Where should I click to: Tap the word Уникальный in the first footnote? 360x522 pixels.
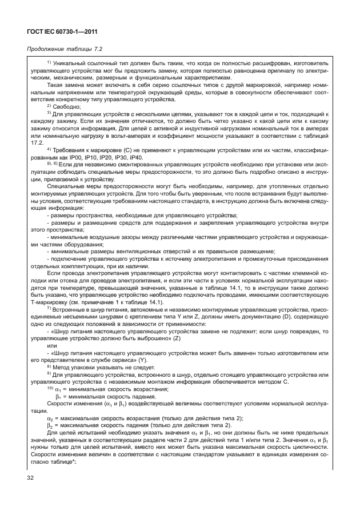[71, 63]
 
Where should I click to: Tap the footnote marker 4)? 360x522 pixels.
[49, 149]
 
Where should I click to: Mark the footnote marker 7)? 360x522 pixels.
[49, 308]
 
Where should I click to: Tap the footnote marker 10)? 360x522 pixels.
[50, 388]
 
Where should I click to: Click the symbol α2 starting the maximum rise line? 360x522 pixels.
[50, 418]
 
